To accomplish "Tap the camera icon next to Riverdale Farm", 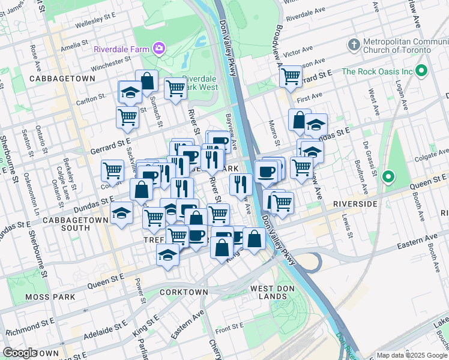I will point(159,47).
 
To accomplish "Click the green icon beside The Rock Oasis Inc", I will point(422,71).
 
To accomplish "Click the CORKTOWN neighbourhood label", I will point(184,292).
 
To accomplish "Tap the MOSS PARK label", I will point(50,297).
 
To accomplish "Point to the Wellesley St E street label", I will point(97,24).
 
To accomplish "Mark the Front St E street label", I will point(229,328).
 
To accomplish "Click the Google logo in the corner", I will point(20,353).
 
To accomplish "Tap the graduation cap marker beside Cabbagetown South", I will point(122,214).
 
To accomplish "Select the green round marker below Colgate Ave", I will point(388,177).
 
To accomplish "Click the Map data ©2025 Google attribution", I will point(411,355).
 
